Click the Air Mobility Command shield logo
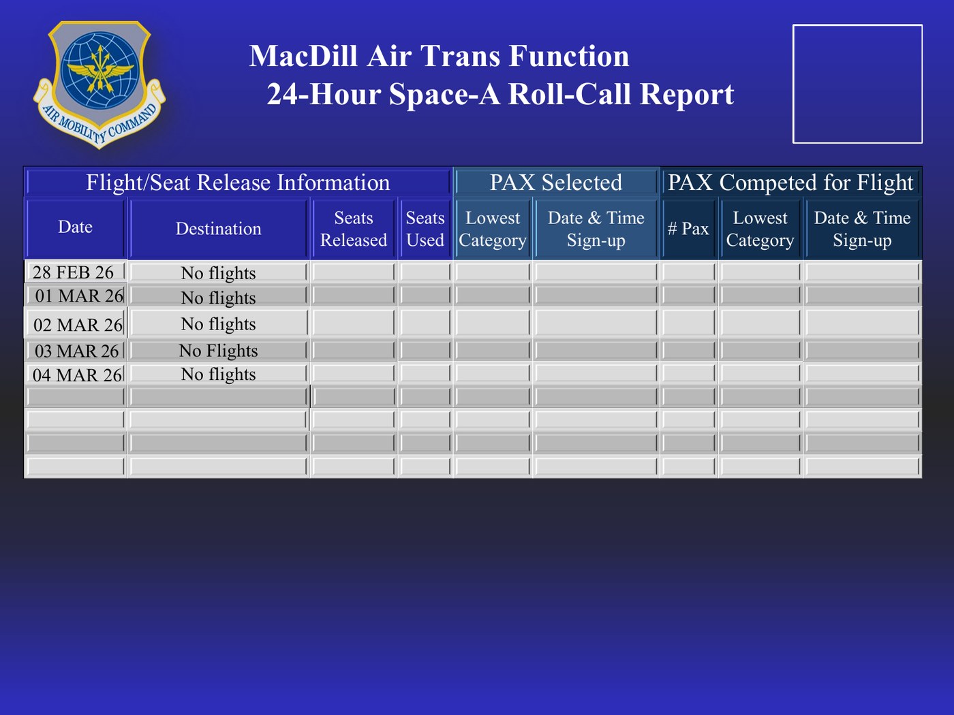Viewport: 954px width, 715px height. (99, 85)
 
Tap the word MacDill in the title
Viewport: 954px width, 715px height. (303, 56)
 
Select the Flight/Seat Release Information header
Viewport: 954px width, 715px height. (238, 182)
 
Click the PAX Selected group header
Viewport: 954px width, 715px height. (556, 182)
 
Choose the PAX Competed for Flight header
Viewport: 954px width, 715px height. (790, 182)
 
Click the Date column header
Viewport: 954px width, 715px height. (75, 227)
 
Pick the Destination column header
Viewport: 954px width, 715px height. (219, 229)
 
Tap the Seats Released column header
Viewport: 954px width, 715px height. (354, 229)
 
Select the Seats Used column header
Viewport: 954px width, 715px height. (425, 229)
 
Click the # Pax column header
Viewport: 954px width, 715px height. (688, 229)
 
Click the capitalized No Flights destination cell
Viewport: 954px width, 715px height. (218, 350)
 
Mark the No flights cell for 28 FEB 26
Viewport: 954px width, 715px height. (218, 272)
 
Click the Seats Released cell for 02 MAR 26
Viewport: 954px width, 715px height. (354, 323)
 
